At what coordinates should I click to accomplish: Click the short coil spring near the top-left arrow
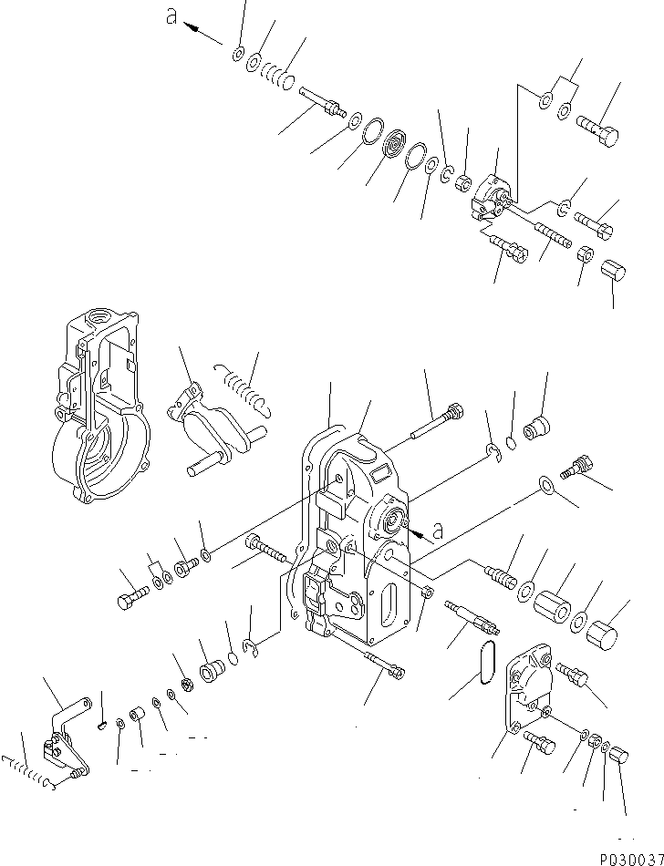click(x=274, y=74)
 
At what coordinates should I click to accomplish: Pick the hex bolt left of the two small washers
click(x=128, y=601)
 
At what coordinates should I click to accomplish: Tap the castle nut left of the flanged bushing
click(x=182, y=685)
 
